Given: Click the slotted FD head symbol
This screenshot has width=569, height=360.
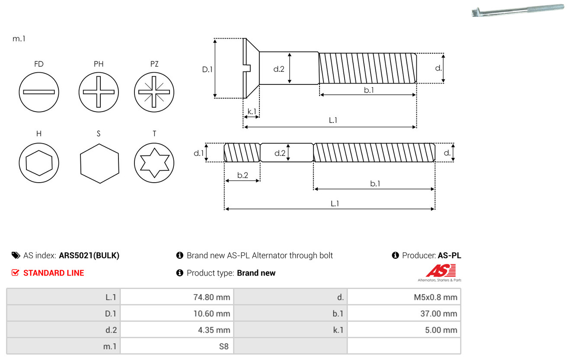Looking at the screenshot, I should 39,92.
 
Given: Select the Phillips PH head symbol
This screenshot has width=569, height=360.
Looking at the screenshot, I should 99,92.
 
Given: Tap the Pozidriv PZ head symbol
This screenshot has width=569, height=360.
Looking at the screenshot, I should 154,92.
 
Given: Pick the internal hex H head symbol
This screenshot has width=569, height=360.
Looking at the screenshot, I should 39,163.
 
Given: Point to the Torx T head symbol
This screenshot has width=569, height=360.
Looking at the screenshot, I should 154,163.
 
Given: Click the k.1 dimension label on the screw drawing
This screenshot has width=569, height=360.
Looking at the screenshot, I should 252,112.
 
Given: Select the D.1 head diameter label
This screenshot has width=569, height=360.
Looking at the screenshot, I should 208,69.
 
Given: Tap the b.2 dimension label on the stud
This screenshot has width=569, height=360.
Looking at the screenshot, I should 243,175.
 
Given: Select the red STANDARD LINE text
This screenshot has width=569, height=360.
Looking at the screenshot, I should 54,273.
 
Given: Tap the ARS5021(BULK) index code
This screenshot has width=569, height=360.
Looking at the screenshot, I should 89,255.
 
